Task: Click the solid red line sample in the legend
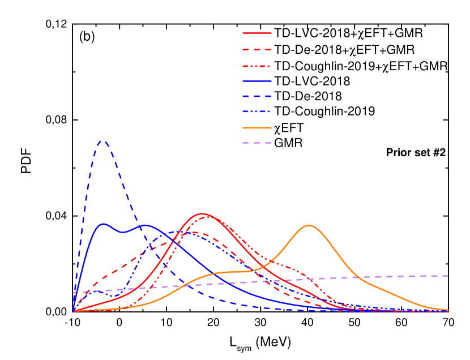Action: coord(257,33)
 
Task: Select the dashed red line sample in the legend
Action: coord(257,50)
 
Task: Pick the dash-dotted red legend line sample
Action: coord(257,66)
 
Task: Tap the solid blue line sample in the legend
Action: coord(257,82)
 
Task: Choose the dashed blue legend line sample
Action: coord(257,96)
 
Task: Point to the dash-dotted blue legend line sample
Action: coord(257,112)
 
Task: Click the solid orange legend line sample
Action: coord(257,127)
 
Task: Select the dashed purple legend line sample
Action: coord(257,143)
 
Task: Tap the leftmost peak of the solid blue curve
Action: coord(104,224)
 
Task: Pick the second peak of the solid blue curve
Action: coord(144,225)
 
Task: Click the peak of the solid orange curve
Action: coord(309,225)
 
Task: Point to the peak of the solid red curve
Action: coord(202,213)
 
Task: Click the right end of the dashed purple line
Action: coord(448,276)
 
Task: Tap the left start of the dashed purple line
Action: coord(74,292)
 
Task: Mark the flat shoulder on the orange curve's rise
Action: coord(238,272)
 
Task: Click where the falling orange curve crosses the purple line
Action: coord(355,277)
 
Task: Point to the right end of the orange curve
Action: coord(448,310)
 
